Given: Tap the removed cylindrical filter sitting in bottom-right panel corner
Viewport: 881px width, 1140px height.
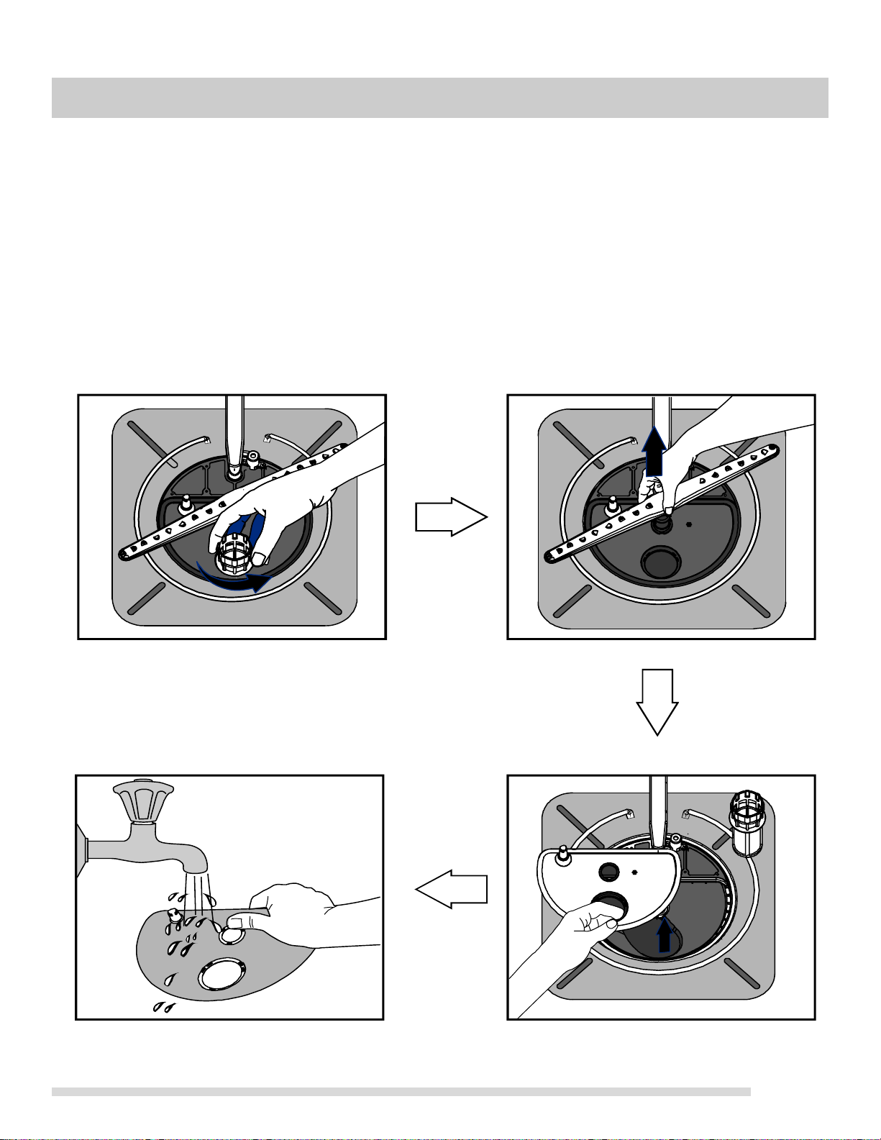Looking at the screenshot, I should pyautogui.click(x=750, y=825).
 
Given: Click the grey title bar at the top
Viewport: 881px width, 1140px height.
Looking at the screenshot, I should pyautogui.click(x=439, y=97).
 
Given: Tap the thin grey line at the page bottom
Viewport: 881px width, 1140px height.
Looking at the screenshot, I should pyautogui.click(x=401, y=1092).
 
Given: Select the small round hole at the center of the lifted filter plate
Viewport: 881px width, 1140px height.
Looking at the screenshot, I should pyautogui.click(x=608, y=870).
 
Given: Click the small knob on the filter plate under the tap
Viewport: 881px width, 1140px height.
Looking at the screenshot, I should pyautogui.click(x=175, y=916).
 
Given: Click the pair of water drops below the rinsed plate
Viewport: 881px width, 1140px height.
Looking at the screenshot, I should pyautogui.click(x=160, y=1008).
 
